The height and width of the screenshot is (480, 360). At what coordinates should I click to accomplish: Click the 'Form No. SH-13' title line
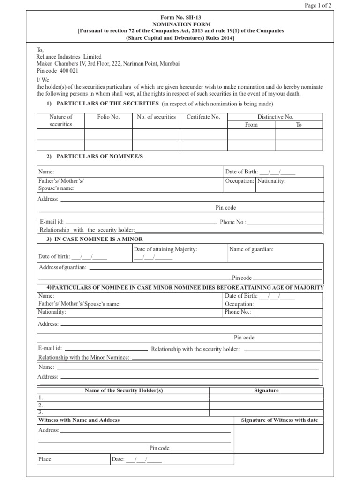pos(180,17)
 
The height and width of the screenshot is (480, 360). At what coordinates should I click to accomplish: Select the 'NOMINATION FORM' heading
pos(180,24)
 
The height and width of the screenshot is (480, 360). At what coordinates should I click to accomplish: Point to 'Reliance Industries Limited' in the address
pos(69,57)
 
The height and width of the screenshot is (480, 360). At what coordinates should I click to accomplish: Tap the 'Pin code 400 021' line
pos(58,71)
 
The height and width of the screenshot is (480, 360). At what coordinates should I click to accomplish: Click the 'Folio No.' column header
pos(108,117)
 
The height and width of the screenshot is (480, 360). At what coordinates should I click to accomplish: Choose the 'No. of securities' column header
pos(156,117)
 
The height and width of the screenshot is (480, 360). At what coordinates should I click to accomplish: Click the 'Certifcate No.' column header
pos(203,117)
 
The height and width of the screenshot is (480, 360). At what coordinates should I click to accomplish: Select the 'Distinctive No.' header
pos(275,117)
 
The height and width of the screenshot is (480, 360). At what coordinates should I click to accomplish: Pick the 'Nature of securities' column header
pos(61,120)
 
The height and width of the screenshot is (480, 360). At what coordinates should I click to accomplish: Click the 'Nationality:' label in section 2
pos(272,180)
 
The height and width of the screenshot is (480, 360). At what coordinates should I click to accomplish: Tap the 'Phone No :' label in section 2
pos(233,222)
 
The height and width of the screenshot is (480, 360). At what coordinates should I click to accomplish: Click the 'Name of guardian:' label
pos(251,249)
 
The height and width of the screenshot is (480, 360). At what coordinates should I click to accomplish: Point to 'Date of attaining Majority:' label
pos(165,249)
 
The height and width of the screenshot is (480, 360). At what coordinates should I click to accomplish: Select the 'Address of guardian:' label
pos(63,267)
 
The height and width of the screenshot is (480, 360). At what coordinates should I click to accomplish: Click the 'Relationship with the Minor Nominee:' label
pos(83,358)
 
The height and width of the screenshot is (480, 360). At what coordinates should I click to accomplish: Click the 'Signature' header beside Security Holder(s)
pos(266,390)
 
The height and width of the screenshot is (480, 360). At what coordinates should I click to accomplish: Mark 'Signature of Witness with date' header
pos(279,420)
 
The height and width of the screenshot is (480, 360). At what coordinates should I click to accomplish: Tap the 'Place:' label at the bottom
pos(45,459)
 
